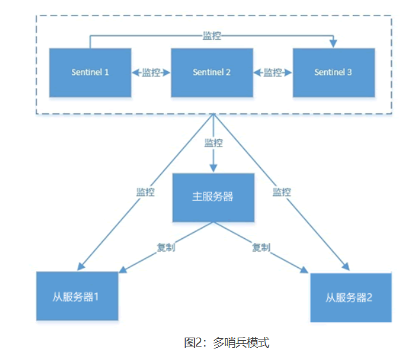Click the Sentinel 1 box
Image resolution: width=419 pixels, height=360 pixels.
pyautogui.click(x=90, y=72)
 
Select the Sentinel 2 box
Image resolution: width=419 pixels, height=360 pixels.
pyautogui.click(x=212, y=72)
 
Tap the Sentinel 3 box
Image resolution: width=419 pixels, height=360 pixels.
pyautogui.click(x=333, y=72)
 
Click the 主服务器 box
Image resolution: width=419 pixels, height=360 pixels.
pyautogui.click(x=213, y=196)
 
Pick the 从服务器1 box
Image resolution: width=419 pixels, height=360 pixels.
pyautogui.click(x=77, y=297)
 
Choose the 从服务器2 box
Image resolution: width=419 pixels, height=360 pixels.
pyautogui.click(x=350, y=298)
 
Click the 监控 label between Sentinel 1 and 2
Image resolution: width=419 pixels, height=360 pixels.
pyautogui.click(x=151, y=72)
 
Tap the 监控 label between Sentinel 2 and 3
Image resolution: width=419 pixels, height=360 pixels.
pyautogui.click(x=273, y=72)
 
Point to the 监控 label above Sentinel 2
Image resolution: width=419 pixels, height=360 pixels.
pyautogui.click(x=212, y=36)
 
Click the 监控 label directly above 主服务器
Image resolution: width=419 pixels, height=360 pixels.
pyautogui.click(x=213, y=142)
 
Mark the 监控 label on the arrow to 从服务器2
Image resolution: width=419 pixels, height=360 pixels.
pyautogui.click(x=281, y=192)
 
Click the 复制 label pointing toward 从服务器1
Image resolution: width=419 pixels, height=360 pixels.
pyautogui.click(x=166, y=247)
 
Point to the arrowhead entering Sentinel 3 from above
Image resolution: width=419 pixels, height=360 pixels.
pyautogui.click(x=333, y=44)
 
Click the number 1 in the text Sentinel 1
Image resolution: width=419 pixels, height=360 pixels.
pyautogui.click(x=106, y=72)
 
